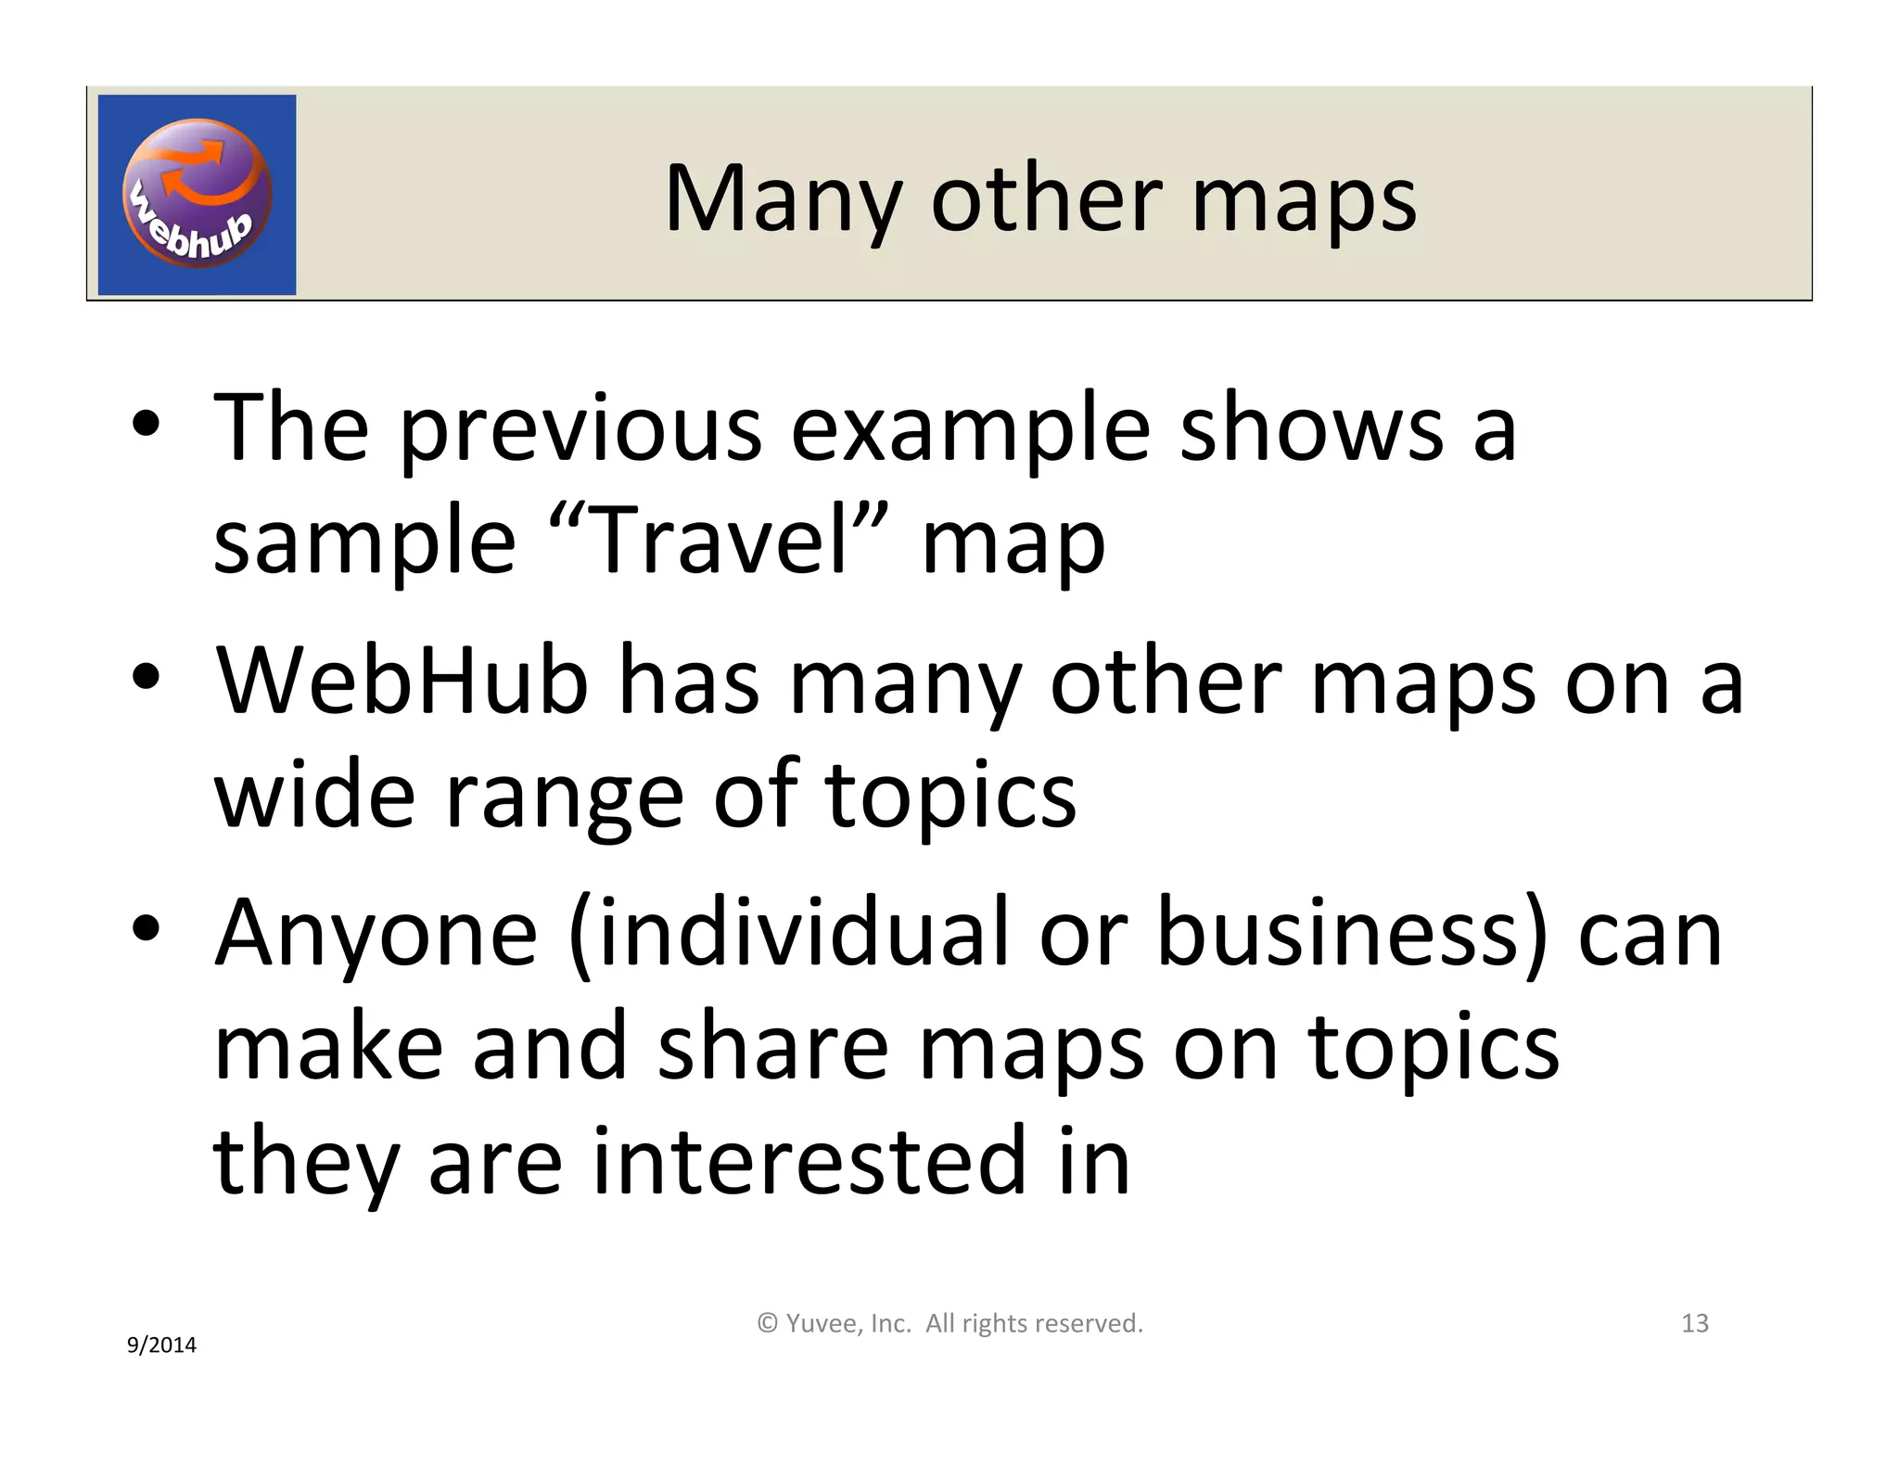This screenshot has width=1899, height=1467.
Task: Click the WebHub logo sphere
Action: point(197,193)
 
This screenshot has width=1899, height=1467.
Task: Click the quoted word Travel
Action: point(718,540)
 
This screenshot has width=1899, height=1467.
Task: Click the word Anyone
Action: point(376,934)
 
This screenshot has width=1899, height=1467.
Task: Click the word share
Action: point(773,1048)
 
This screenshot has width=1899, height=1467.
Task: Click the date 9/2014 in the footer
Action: point(161,1346)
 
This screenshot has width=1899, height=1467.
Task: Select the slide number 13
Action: point(1694,1323)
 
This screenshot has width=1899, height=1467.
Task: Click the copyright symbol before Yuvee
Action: point(767,1323)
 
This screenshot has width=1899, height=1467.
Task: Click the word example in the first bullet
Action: point(970,429)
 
